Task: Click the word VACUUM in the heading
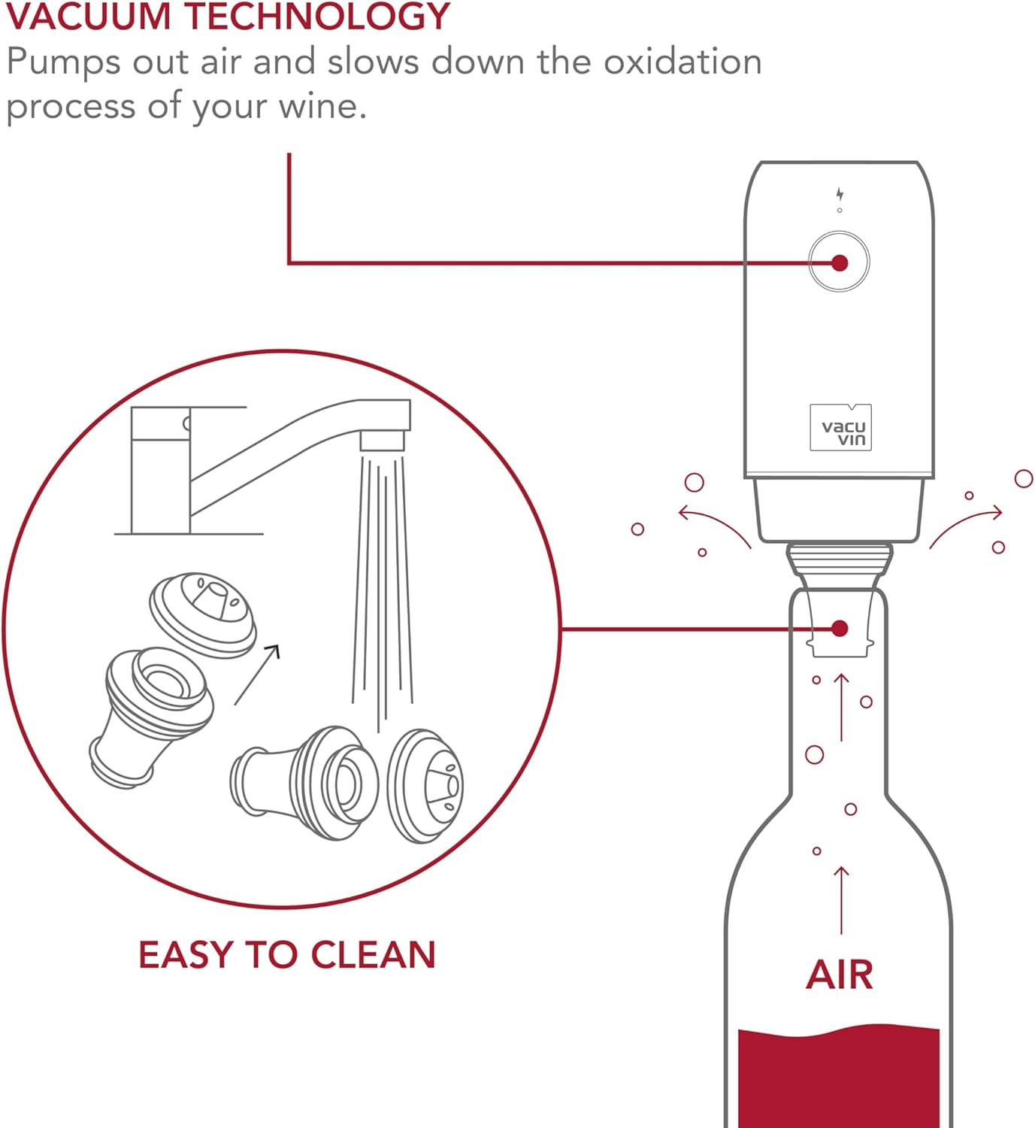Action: click(88, 17)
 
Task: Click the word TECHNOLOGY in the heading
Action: click(316, 17)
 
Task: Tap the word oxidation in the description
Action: click(682, 62)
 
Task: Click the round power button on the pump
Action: click(839, 262)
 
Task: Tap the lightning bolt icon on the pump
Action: click(840, 195)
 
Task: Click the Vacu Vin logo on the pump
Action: click(841, 429)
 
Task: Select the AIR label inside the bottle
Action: click(839, 975)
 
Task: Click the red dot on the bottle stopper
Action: click(840, 629)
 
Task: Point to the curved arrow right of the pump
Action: click(967, 524)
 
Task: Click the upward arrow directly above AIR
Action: click(841, 899)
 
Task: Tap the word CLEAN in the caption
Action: click(373, 955)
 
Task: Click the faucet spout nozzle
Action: click(383, 440)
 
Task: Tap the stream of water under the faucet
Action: click(383, 587)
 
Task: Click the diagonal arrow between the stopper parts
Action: click(257, 674)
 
